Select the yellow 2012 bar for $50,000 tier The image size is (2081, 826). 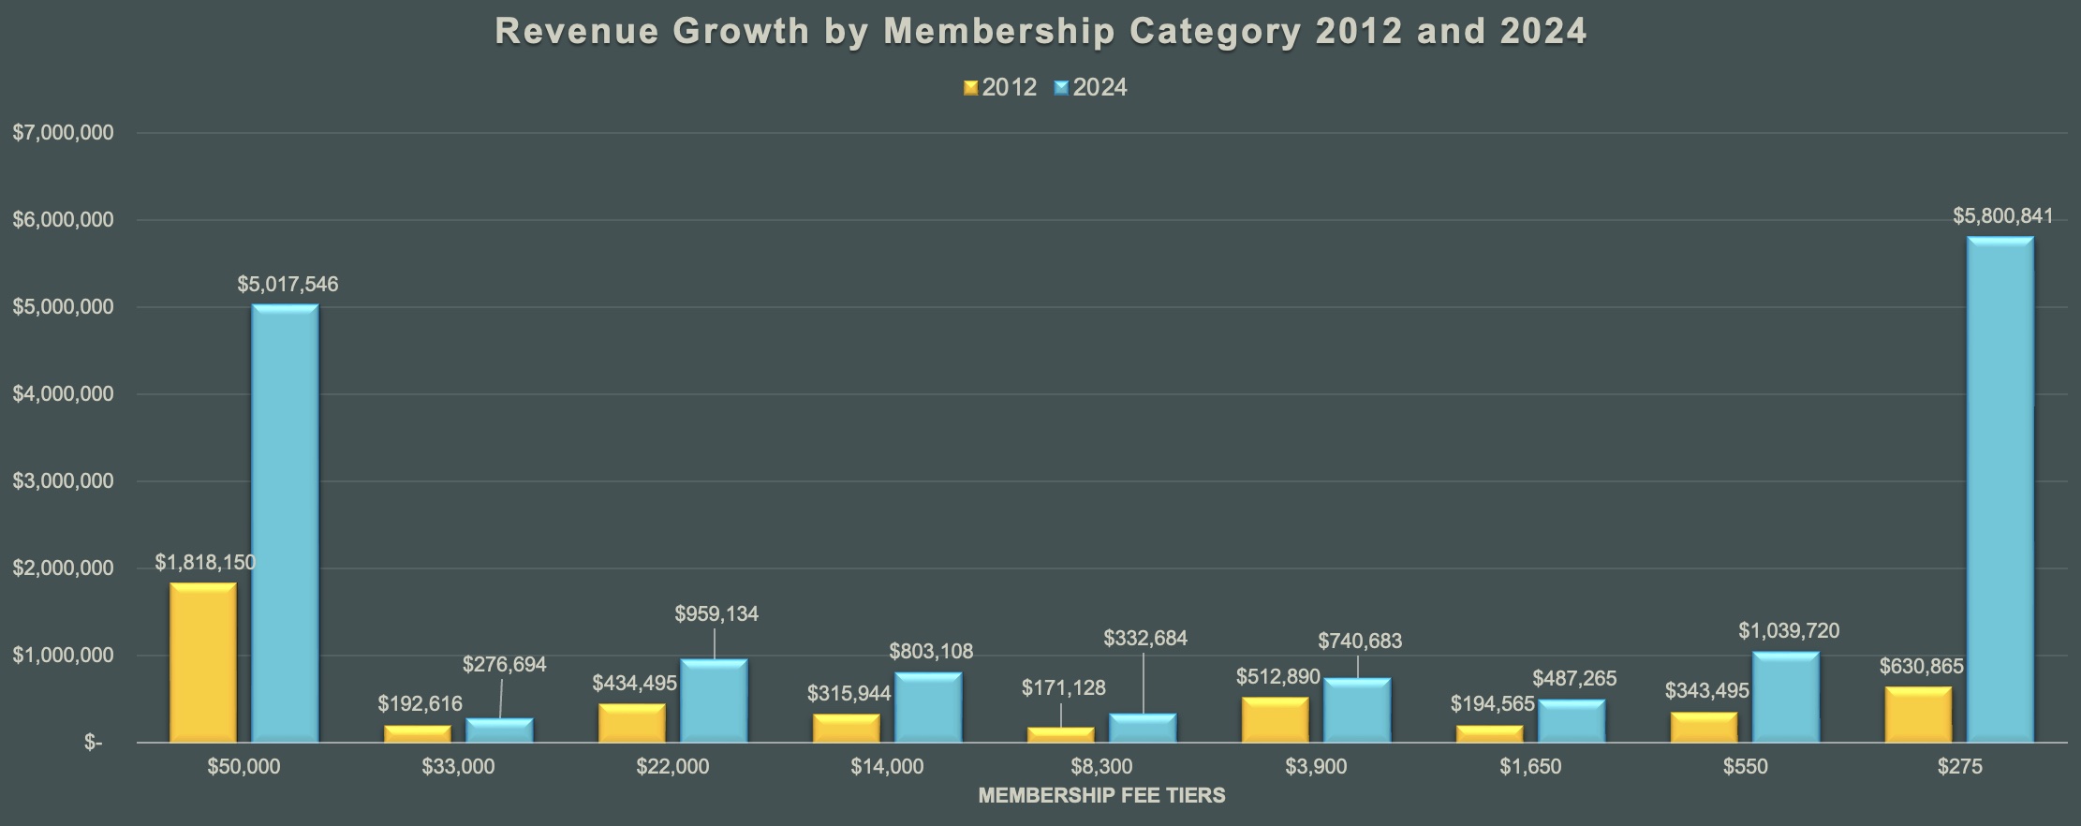pos(203,663)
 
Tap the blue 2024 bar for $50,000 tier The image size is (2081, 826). pos(285,524)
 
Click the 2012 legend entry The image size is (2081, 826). pos(1000,88)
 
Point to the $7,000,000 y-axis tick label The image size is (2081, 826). pos(63,133)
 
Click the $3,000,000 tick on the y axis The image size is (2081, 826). pos(63,481)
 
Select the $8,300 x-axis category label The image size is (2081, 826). pos(1101,767)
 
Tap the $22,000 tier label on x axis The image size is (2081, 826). pos(672,767)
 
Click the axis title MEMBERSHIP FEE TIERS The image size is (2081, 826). pos(1101,796)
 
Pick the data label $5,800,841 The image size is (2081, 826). pos(2002,216)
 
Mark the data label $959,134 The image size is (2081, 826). pos(716,614)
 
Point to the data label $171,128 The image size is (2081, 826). pos(1063,688)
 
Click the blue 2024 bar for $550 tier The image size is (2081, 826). pos(1785,698)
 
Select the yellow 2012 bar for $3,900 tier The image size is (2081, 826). pos(1275,720)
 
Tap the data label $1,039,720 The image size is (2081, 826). pos(1789,631)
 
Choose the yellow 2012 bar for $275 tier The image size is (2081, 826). pos(1918,715)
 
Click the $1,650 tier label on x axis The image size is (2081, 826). pos(1530,767)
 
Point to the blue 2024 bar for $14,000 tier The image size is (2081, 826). pos(927,708)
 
